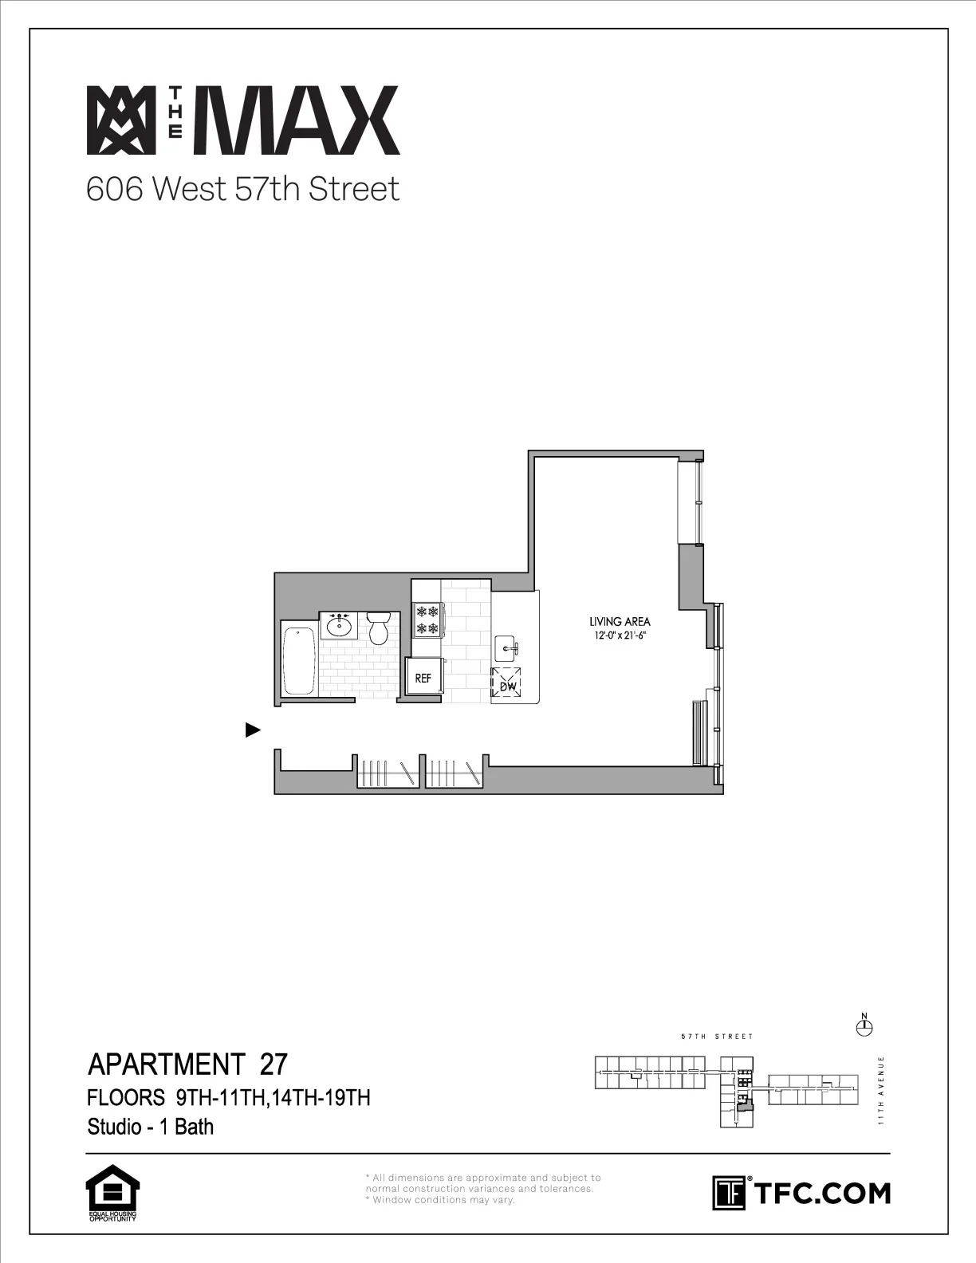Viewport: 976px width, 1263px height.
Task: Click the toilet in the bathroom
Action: click(x=378, y=628)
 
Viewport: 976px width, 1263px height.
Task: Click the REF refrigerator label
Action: click(x=423, y=679)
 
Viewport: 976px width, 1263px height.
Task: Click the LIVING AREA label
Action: click(x=620, y=622)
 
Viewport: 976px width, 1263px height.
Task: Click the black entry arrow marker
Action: click(x=253, y=730)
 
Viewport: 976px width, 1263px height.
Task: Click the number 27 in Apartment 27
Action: click(x=274, y=1064)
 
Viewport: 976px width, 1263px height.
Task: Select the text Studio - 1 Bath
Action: click(x=151, y=1127)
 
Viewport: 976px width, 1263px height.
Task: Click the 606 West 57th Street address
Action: click(x=242, y=190)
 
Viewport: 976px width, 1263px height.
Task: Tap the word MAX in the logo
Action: click(x=302, y=120)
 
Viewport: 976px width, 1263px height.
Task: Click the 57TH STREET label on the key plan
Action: click(x=717, y=1037)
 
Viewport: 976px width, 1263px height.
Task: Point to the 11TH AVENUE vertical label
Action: click(x=880, y=1091)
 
